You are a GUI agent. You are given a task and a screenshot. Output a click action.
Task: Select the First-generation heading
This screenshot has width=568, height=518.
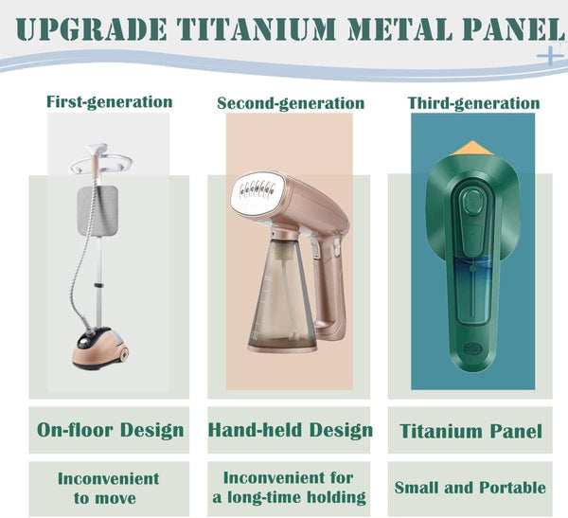point(109,101)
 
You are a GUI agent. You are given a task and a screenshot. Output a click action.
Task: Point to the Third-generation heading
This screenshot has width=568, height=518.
point(473,102)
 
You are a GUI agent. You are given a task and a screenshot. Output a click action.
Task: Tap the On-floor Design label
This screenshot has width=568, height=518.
point(110,431)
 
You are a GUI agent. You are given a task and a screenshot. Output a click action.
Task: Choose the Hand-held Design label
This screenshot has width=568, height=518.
point(290,431)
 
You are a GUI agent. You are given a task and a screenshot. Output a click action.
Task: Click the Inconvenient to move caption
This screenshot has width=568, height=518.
point(108,488)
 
